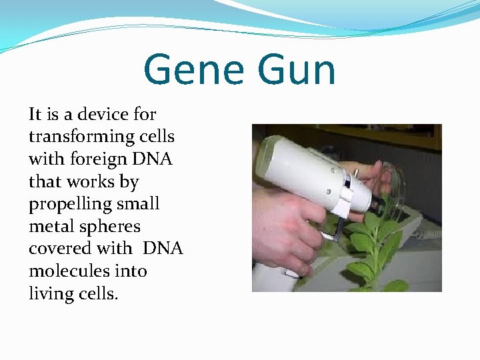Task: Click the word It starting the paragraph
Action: pyautogui.click(x=35, y=115)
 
